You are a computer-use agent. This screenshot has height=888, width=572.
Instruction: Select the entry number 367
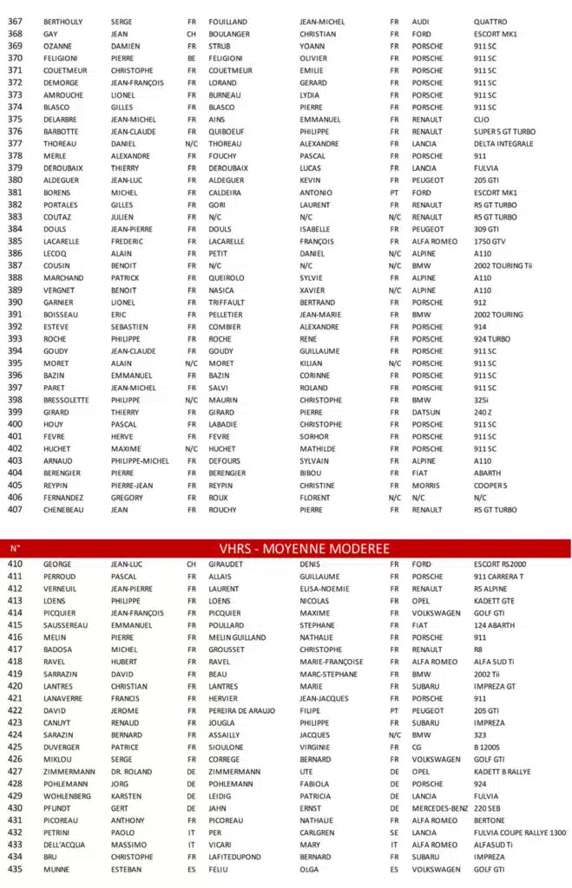click(x=15, y=22)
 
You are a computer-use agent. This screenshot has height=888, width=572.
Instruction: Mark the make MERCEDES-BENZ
click(x=440, y=808)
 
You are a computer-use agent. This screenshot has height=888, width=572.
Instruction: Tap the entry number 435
click(x=15, y=869)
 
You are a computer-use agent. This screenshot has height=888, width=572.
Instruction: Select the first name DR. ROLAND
click(x=131, y=771)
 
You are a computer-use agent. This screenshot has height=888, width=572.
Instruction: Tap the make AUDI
click(x=421, y=22)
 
